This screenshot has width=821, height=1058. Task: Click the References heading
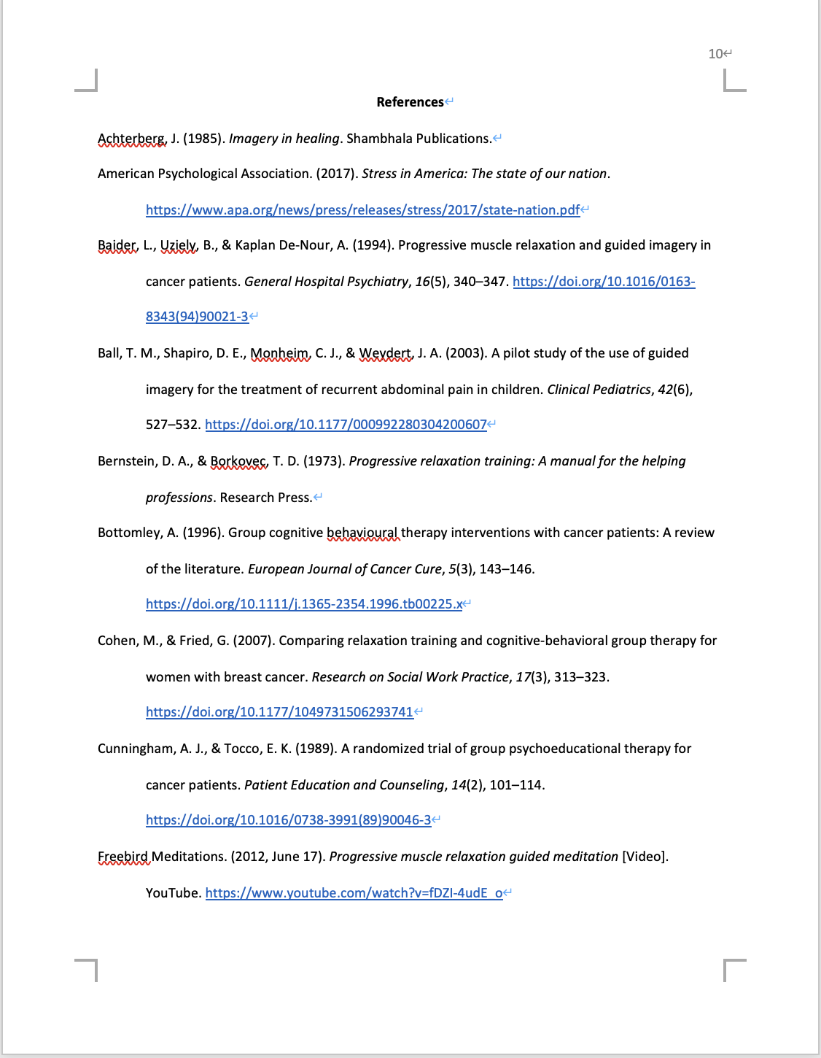coord(410,102)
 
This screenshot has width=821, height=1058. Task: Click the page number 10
coord(715,54)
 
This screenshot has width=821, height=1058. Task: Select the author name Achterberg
coord(131,139)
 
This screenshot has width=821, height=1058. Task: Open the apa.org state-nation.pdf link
coord(362,210)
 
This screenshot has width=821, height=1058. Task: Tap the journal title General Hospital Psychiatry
coord(326,282)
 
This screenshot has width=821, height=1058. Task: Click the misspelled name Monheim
coord(279,353)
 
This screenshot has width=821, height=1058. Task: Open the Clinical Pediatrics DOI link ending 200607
coord(346,425)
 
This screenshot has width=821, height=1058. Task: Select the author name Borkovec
coord(238,461)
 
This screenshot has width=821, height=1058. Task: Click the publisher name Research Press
coord(265,498)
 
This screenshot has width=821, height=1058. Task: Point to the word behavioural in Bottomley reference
coord(362,533)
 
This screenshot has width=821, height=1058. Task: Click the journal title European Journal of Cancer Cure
coord(345,569)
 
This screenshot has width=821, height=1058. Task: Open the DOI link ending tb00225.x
coord(304,604)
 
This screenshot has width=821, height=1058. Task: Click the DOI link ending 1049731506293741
coord(279,712)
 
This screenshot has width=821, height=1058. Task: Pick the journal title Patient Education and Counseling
coord(344,785)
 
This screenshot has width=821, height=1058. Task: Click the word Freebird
coord(123,857)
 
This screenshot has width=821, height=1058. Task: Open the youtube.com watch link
coord(354,893)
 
